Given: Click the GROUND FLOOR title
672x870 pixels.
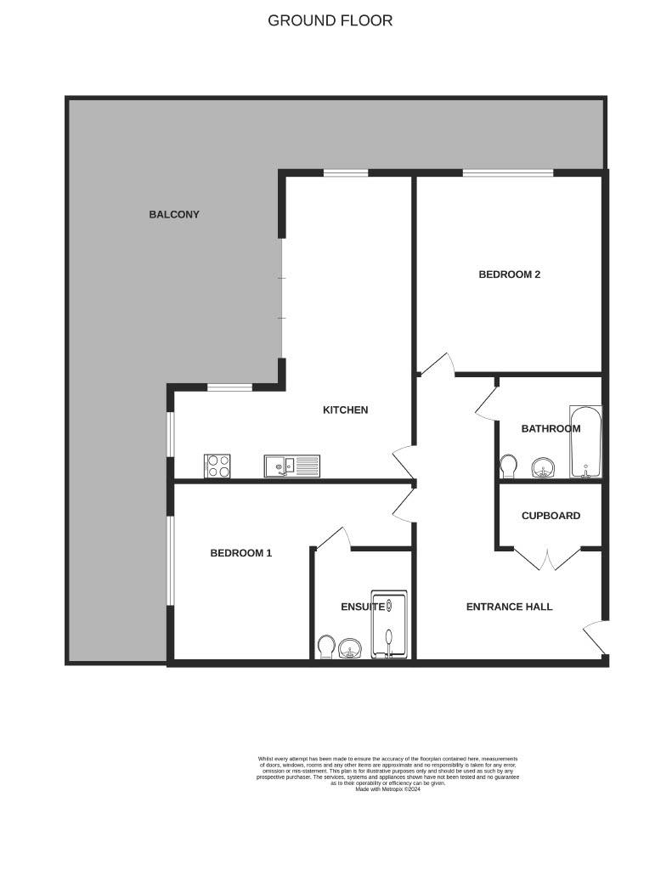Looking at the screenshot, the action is [x=330, y=20].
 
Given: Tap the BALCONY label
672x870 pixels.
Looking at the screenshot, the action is [x=173, y=214].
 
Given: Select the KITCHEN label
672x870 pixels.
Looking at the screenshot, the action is [x=345, y=410].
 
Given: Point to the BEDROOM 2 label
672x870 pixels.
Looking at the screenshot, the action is [x=510, y=274].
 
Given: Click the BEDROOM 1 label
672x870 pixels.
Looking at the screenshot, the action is [x=240, y=552].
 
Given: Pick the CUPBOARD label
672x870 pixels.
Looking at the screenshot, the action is [x=551, y=516].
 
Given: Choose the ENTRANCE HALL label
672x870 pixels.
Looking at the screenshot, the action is [x=509, y=607].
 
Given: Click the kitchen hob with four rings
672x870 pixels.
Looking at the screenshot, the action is [x=217, y=466].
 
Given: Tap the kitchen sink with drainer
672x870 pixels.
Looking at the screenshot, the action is [x=292, y=466].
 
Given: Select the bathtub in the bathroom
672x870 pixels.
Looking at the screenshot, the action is [x=584, y=442].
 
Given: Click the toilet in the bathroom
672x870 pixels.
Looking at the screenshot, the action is [x=508, y=466].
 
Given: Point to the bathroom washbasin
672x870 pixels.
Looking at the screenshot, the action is [x=543, y=468].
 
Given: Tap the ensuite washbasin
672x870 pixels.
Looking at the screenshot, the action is [x=350, y=648].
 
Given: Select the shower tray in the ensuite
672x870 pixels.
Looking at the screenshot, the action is [x=388, y=624].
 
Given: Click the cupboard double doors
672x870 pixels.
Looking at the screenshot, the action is [x=547, y=559].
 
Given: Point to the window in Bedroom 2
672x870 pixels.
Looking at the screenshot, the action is [x=508, y=173].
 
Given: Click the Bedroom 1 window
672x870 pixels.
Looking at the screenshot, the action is [x=172, y=561].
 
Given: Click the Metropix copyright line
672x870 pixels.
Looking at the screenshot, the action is [x=388, y=789].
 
